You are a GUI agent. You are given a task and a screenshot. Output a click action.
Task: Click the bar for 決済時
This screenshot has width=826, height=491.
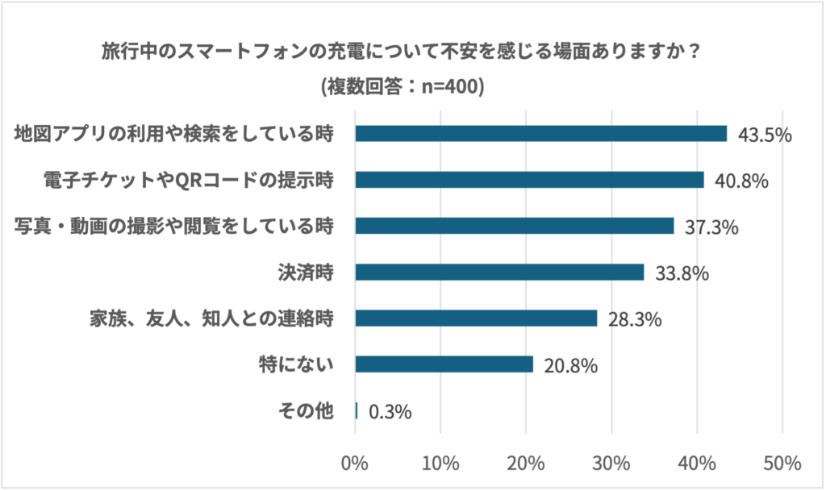click(499, 273)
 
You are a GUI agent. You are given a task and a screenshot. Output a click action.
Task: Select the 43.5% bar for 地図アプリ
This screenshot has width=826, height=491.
click(540, 133)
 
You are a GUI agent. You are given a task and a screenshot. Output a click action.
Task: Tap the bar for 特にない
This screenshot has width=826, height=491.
click(444, 364)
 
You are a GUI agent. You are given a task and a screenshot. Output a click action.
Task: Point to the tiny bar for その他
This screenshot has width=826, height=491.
click(357, 410)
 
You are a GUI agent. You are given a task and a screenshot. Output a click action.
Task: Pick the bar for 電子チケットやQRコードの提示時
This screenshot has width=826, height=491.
click(529, 179)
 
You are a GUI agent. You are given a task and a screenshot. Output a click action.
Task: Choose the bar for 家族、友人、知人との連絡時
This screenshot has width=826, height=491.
click(476, 318)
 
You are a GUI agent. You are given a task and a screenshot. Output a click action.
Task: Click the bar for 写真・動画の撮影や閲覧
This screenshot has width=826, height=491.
click(514, 226)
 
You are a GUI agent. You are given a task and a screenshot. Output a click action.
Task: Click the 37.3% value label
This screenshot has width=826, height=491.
click(711, 227)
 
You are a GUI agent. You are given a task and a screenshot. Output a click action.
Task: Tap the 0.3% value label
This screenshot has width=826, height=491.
click(390, 412)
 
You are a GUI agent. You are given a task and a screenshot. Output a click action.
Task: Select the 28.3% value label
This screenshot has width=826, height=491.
click(635, 320)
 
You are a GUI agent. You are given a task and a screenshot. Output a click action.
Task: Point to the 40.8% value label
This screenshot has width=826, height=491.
click(740, 181)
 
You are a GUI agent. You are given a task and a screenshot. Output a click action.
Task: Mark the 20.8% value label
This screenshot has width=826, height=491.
click(570, 366)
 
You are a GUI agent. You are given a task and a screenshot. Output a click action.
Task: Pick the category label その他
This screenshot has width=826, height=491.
click(306, 410)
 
